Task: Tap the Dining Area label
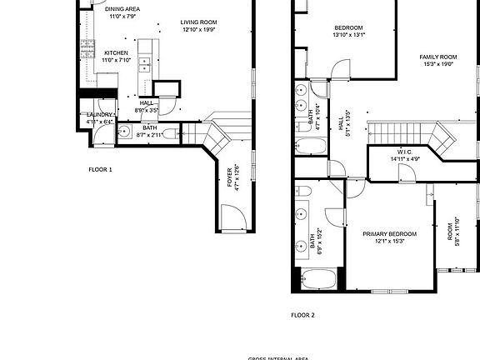pyautogui.click(x=122, y=9)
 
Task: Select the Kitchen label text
pyautogui.click(x=116, y=52)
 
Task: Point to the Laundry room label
pyautogui.click(x=99, y=114)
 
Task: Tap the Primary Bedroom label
pyautogui.click(x=389, y=234)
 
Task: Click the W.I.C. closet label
pyautogui.click(x=406, y=152)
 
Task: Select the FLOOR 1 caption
pyautogui.click(x=100, y=169)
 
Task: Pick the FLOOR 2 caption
pyautogui.click(x=302, y=315)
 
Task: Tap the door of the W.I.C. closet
pyautogui.click(x=407, y=173)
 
